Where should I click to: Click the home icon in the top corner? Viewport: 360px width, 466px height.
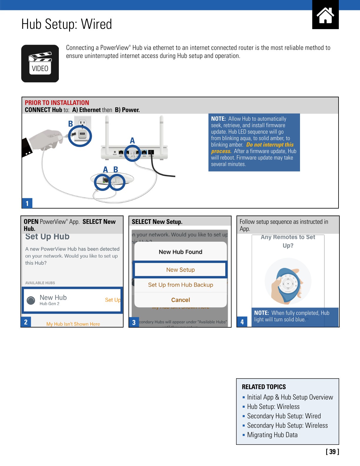(325, 15)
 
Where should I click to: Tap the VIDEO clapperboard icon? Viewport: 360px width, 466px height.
(40, 64)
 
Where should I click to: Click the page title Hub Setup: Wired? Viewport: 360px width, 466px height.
(67, 24)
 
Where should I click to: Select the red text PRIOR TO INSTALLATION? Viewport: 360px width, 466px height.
(57, 103)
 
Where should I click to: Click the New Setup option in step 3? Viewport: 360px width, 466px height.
(180, 270)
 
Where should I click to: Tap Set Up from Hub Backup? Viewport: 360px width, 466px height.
(180, 285)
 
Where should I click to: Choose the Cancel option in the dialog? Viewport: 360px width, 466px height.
(180, 300)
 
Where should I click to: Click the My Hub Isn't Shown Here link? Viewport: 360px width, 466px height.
(73, 324)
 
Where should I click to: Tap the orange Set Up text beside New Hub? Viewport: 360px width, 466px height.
(113, 300)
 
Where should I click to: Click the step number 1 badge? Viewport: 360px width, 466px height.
(27, 203)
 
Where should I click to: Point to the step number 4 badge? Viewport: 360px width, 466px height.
(242, 322)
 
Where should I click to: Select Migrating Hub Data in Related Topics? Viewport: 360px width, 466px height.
(272, 435)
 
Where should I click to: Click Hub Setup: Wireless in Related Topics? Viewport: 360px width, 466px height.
(273, 407)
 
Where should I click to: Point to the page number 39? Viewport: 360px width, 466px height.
(332, 452)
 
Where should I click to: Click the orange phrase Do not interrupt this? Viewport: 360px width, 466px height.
(270, 145)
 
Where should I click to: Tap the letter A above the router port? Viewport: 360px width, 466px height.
(132, 141)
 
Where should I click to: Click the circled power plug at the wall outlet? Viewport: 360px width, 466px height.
(80, 136)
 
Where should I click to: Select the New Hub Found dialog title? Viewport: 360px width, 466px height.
(180, 252)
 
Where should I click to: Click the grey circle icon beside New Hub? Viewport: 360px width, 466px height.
(31, 300)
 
